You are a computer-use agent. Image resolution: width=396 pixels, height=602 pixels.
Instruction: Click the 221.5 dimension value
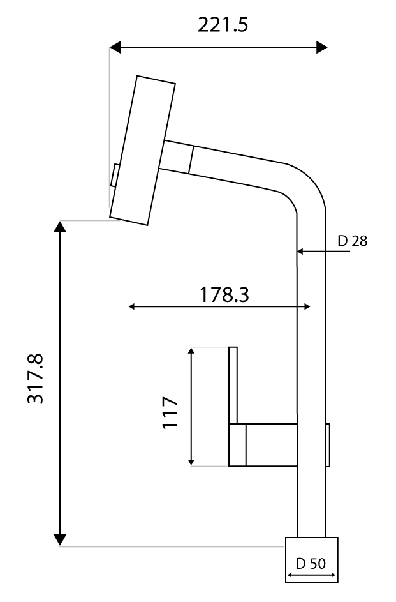[x=223, y=25]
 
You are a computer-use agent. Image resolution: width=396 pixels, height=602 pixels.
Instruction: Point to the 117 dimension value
[x=169, y=412]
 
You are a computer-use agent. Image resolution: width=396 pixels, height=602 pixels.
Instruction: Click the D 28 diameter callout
[x=353, y=241]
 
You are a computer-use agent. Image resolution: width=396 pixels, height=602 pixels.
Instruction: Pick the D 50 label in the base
[x=311, y=564]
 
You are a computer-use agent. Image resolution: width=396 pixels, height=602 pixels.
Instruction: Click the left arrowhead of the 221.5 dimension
[x=115, y=47]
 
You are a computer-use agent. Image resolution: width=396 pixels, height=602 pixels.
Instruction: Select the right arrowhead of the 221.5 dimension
[x=322, y=47]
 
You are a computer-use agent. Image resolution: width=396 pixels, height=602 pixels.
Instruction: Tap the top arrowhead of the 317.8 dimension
[x=59, y=227]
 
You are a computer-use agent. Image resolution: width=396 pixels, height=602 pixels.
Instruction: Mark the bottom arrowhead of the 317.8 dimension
[x=59, y=540]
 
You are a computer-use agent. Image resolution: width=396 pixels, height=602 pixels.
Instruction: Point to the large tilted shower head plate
[x=143, y=150]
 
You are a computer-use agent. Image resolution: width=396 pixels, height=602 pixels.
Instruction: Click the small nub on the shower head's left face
[x=114, y=176]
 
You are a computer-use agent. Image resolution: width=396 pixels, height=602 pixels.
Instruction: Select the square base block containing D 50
[x=311, y=560]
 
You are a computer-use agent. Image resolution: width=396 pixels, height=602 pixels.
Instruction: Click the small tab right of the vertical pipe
[x=328, y=445]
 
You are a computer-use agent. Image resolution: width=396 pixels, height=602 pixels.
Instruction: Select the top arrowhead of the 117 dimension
[x=191, y=352]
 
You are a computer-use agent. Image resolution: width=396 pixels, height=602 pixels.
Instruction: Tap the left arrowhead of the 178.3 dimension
[x=133, y=307]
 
